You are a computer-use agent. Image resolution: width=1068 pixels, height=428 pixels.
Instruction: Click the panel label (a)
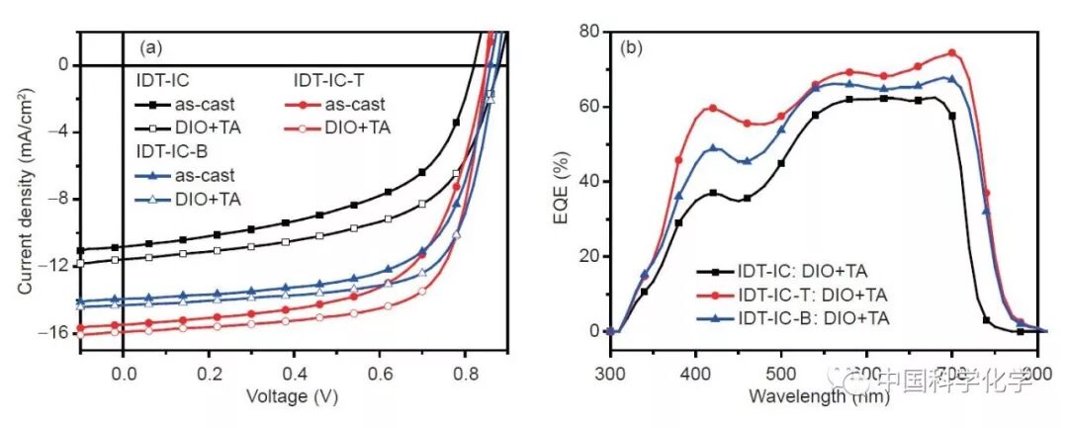pos(151,46)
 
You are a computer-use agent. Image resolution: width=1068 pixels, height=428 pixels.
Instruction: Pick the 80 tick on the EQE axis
pos(588,32)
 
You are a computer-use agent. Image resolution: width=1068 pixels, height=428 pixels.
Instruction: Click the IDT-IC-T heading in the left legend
pos(332,79)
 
